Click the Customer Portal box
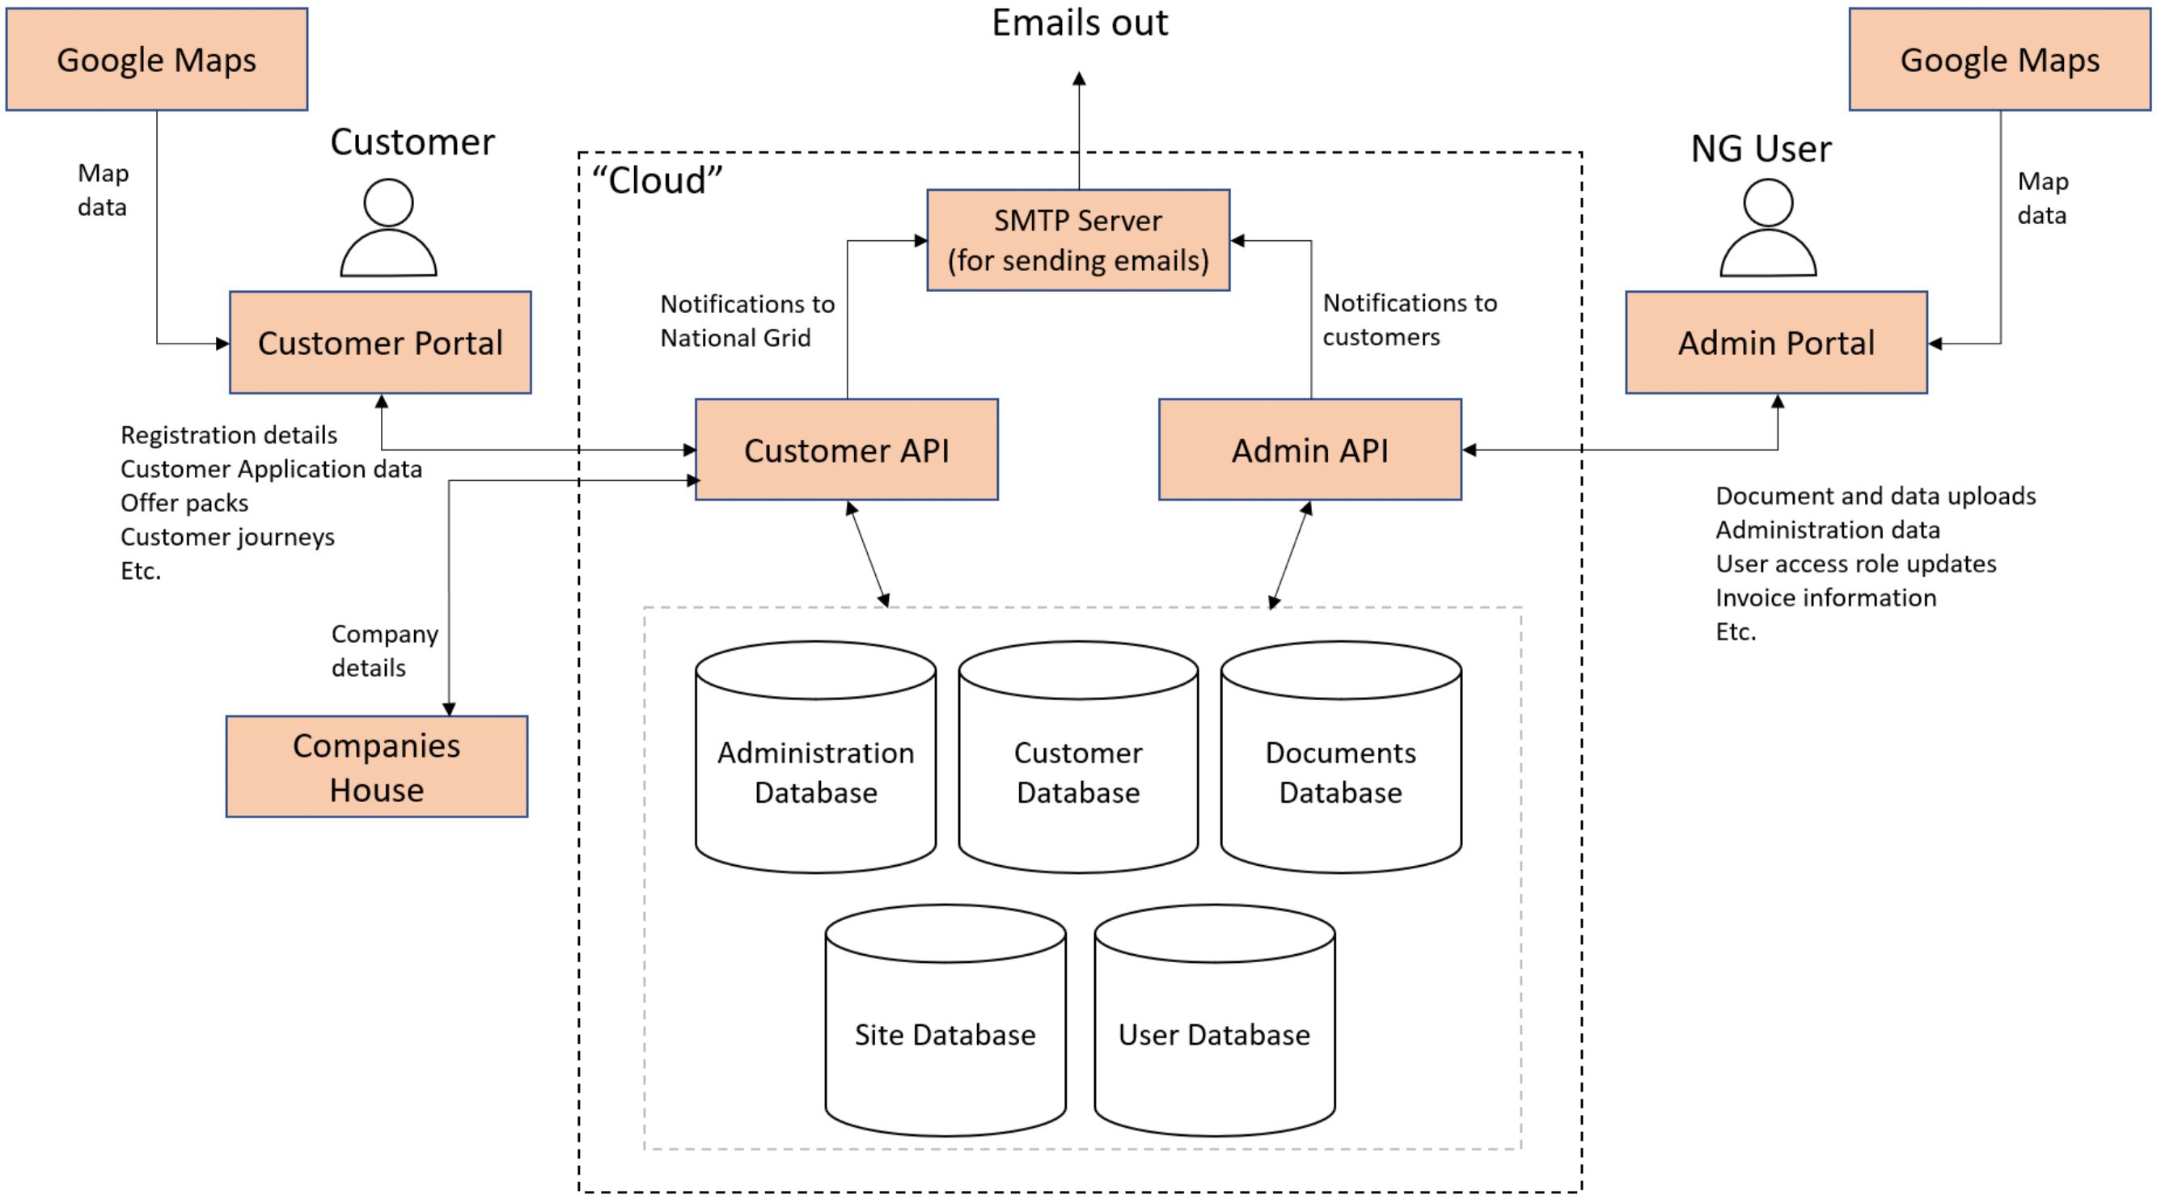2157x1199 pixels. [x=380, y=343]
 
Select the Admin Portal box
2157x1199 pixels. [x=1776, y=343]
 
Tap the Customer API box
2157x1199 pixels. [x=847, y=450]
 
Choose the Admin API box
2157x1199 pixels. [x=1309, y=450]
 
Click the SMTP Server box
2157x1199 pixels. [x=1077, y=240]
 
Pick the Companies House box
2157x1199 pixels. [x=377, y=766]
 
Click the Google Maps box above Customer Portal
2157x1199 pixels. [x=157, y=60]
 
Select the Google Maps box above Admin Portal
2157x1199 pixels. [x=1999, y=60]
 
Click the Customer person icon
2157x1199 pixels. [x=388, y=228]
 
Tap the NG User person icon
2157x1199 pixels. [x=1768, y=228]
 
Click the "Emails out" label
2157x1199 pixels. [x=1080, y=23]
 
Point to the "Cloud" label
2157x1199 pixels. [x=658, y=180]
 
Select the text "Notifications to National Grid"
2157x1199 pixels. [x=747, y=321]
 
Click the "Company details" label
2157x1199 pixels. [x=384, y=651]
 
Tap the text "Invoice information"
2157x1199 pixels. [x=1825, y=597]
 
